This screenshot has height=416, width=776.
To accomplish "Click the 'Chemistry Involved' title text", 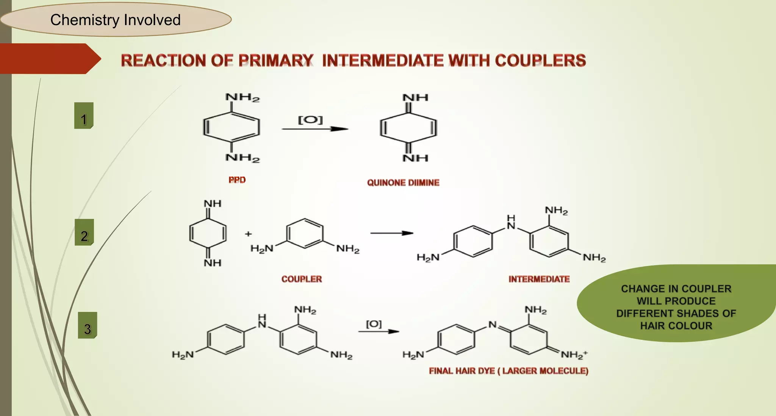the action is pos(115,20).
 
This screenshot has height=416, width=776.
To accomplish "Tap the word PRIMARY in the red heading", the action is pos(276,61).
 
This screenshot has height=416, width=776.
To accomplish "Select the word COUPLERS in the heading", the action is pos(540,61).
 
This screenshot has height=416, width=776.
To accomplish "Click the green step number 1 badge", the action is pos(84,116).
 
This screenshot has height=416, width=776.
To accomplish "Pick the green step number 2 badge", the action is pos(84,232).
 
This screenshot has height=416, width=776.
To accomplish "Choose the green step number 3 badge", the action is pos(88,325).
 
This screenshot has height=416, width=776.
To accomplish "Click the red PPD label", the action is pos(237,180).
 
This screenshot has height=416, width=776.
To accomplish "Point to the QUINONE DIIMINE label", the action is pos(403,183).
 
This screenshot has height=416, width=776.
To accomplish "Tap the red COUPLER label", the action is pos(302,279).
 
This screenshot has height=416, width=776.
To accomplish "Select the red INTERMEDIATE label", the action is pos(539,279).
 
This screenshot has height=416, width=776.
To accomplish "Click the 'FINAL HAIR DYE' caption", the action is pos(462,371).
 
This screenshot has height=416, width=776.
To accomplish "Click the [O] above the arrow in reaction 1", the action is pos(310,120).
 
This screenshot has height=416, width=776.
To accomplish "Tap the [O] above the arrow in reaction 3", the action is pos(374,324).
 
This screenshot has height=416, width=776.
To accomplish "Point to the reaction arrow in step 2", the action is pos(392,233).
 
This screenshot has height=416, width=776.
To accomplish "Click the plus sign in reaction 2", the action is pos(248,234).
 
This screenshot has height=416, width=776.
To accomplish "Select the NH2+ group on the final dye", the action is pos(574,355).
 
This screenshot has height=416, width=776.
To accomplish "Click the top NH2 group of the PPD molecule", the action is pos(242,97).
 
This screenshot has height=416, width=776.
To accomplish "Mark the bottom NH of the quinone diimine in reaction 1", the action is pos(415,158).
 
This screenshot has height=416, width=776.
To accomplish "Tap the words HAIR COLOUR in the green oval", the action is pos(676,326).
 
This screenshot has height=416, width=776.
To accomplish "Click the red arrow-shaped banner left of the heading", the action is pos(50,59).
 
